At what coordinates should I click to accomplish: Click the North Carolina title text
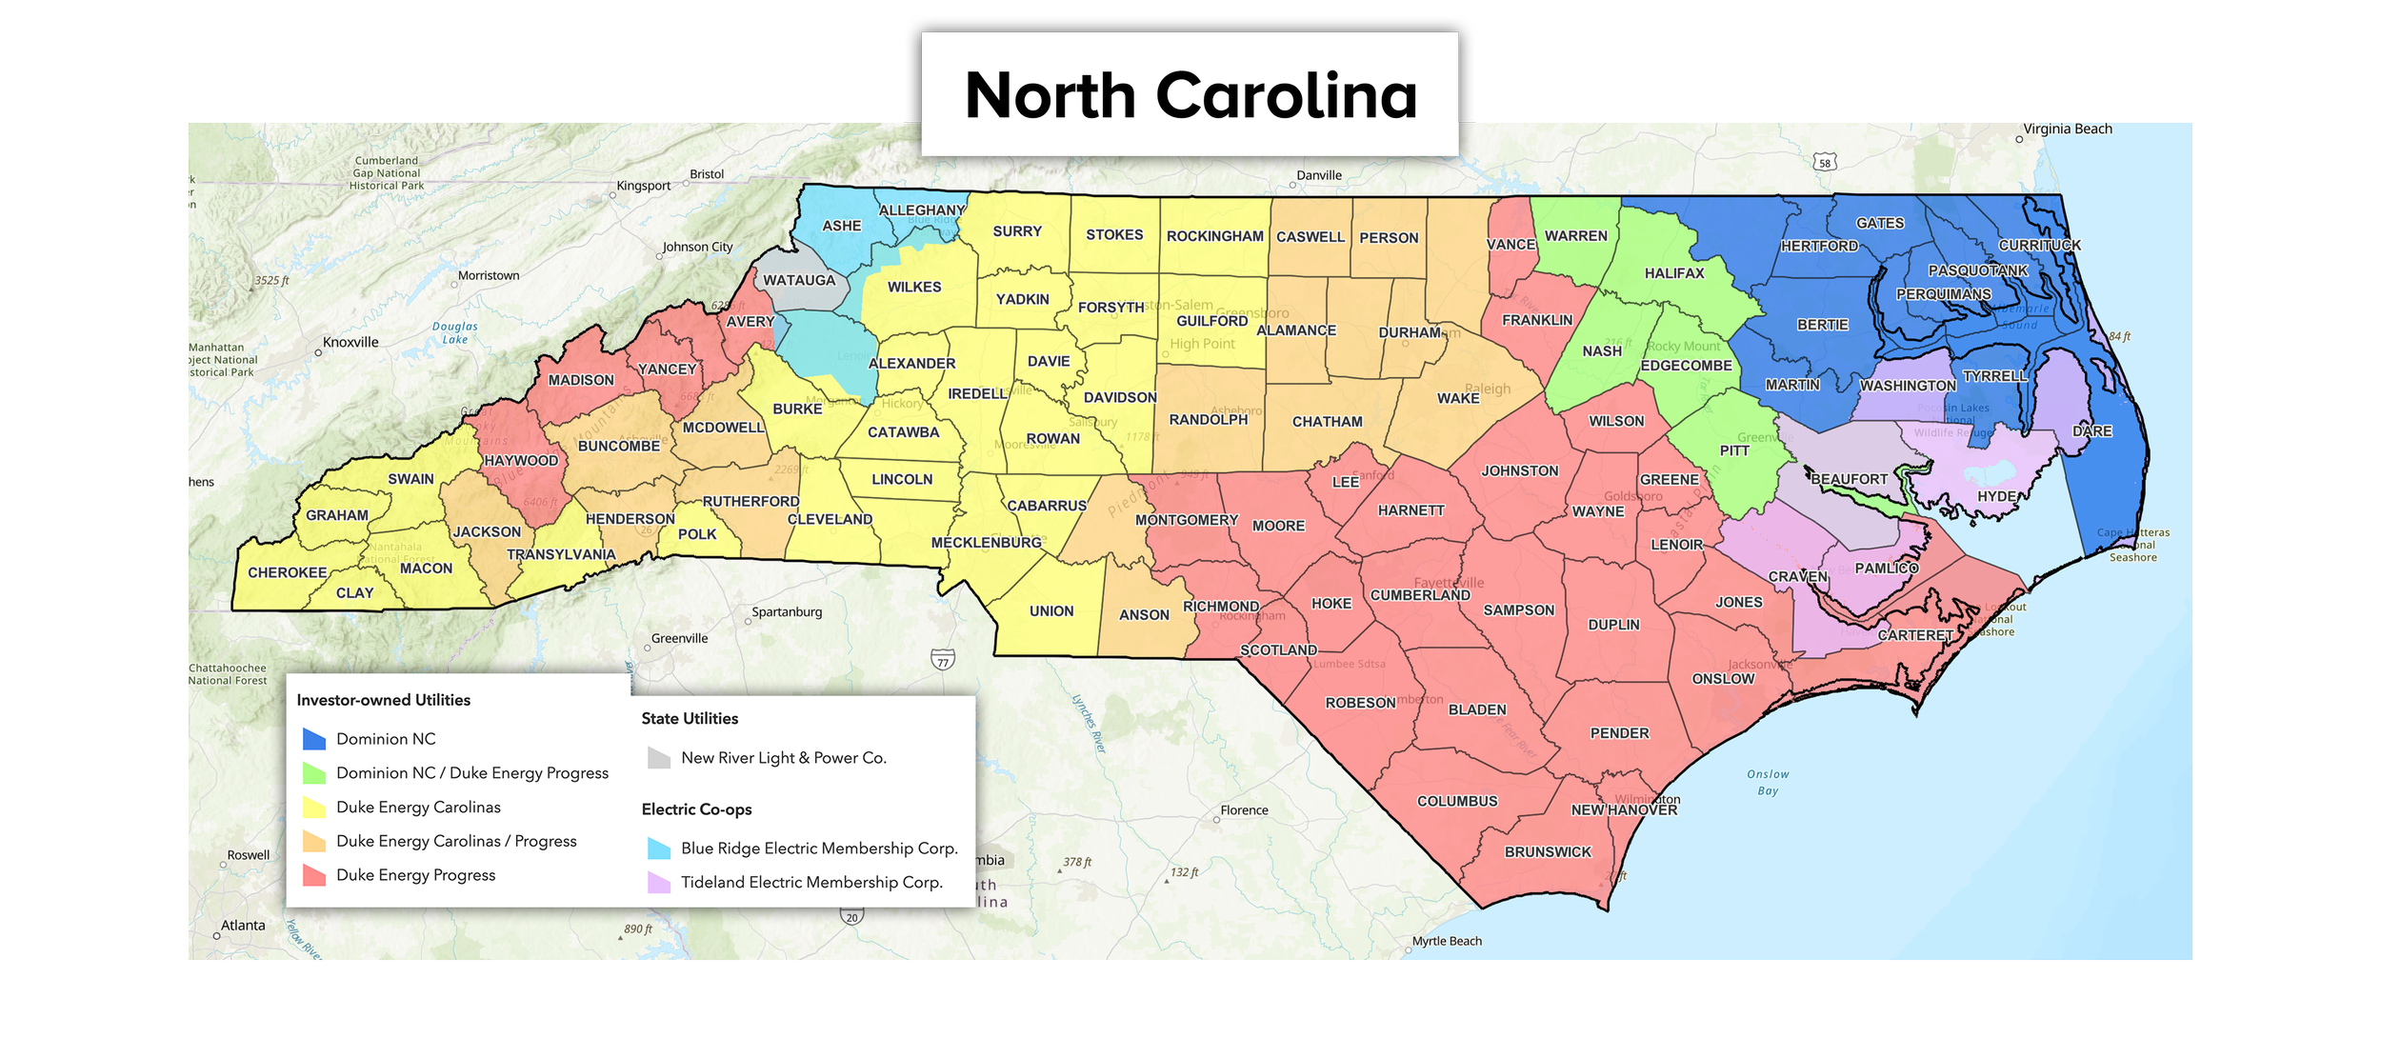1190,95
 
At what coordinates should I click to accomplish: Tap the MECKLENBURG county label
986,543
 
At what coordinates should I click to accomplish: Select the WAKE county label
1457,398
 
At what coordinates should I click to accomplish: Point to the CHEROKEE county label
287,572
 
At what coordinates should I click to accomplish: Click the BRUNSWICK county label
1548,852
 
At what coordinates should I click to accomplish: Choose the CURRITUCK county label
2039,246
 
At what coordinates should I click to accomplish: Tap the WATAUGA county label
799,280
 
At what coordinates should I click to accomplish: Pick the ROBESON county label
1360,703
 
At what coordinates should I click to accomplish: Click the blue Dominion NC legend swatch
314,739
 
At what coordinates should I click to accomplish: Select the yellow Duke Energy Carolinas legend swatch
314,808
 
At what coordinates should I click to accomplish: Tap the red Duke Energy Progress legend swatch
314,875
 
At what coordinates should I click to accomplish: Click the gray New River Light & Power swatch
659,758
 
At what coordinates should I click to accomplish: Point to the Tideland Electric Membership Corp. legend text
811,882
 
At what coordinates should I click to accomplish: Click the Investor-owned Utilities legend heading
384,700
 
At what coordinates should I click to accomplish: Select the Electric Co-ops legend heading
696,809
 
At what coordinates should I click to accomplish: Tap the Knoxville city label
350,343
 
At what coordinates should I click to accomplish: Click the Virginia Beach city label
2068,130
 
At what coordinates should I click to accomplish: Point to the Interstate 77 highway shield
943,660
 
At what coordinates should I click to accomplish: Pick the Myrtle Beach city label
1447,941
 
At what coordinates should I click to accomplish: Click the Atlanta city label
243,926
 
